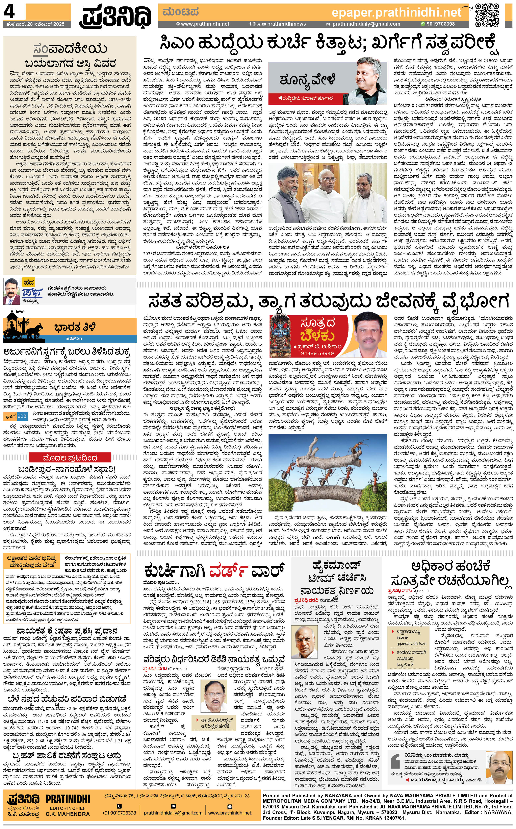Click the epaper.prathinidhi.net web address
pos(396,13)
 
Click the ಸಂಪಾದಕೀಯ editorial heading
pos(70,49)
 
